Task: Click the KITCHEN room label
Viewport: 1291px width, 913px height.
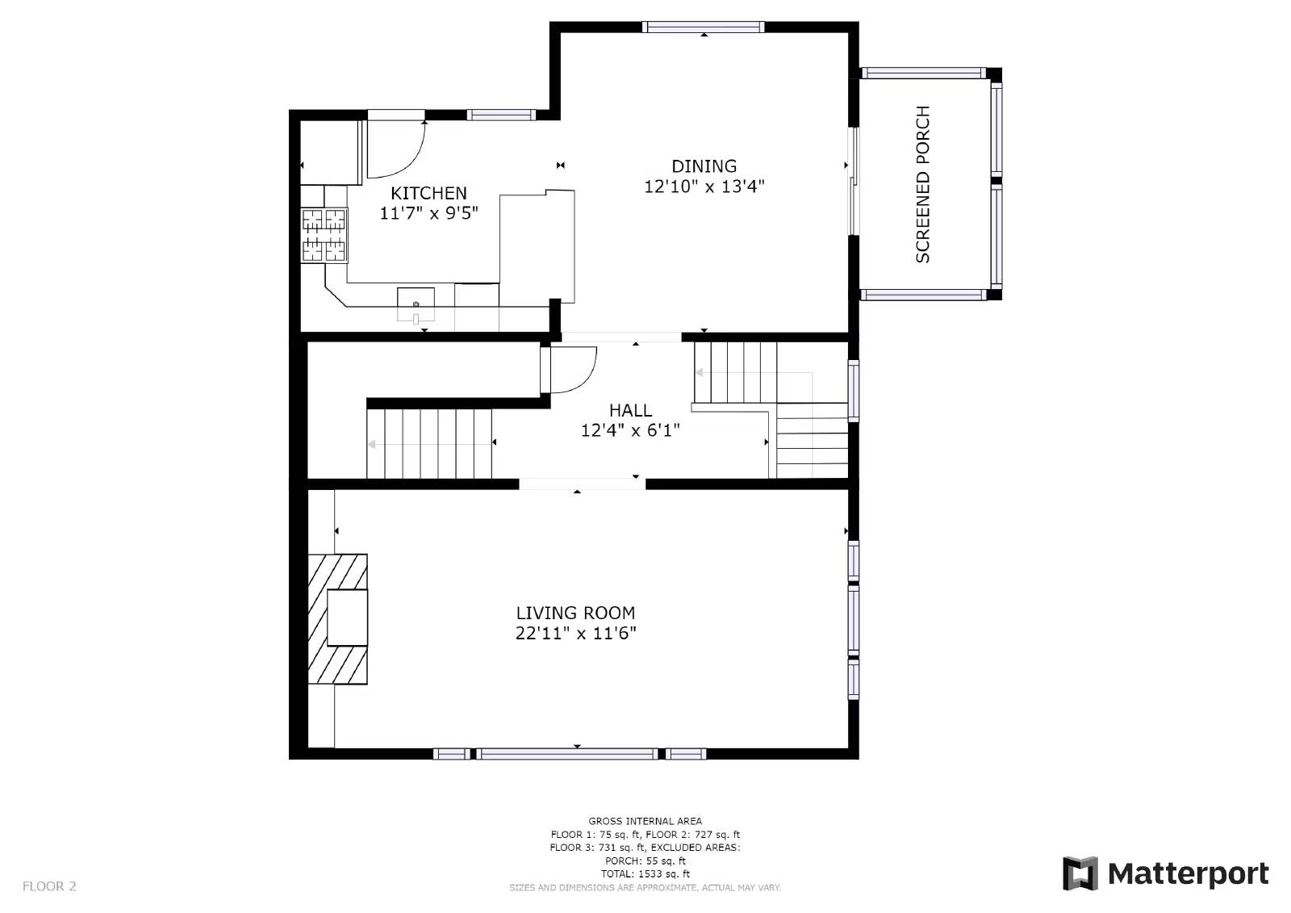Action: [428, 193]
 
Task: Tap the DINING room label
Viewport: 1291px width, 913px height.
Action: [704, 166]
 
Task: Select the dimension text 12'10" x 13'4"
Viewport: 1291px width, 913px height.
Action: [704, 186]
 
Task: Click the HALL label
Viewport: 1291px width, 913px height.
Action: [630, 410]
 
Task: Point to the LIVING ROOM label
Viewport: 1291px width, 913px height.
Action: [575, 613]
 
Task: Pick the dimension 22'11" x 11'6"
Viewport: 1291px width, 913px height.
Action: [575, 633]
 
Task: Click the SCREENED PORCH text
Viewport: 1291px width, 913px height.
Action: [923, 184]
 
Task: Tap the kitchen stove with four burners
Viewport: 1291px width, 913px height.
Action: [324, 235]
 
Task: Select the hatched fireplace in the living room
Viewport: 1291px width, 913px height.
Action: [338, 618]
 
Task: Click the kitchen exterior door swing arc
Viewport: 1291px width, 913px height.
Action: [397, 149]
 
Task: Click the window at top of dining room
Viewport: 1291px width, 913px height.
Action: [703, 27]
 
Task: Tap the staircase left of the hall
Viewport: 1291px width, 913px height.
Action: [429, 443]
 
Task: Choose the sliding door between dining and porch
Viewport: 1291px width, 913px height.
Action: [854, 181]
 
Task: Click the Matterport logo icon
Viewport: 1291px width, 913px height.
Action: [1080, 873]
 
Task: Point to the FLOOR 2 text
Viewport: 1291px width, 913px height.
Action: [49, 886]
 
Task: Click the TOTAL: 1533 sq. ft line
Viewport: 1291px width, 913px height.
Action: [645, 873]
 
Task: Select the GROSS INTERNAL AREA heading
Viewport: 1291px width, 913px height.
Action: [645, 821]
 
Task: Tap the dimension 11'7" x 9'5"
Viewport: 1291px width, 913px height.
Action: [428, 213]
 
